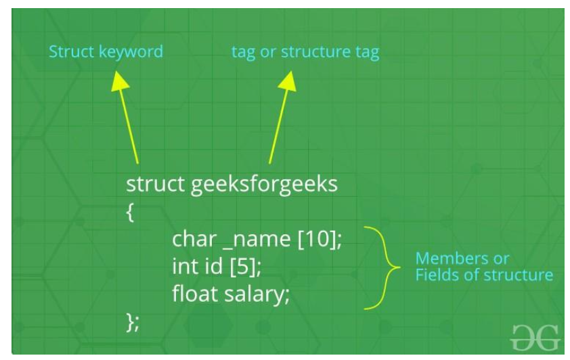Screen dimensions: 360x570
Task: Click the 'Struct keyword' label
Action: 106,51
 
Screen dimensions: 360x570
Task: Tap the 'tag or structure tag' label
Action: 305,52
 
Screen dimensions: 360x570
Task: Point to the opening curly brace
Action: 130,213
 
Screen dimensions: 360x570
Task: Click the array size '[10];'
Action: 320,240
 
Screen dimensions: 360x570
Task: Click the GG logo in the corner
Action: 535,336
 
